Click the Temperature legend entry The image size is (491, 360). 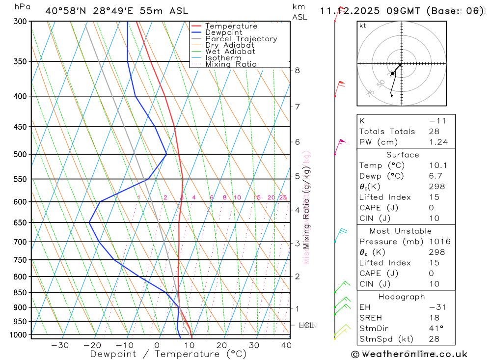point(231,26)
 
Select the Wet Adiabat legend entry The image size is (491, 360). point(230,52)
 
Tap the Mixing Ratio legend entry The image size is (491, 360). point(231,64)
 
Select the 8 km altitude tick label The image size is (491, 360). point(297,70)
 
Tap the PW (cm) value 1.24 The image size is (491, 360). point(438,142)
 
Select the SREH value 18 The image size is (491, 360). point(434,318)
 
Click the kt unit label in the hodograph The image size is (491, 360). point(362,26)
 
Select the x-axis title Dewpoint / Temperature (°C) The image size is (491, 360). point(168,354)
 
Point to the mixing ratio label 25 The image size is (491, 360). point(283,197)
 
